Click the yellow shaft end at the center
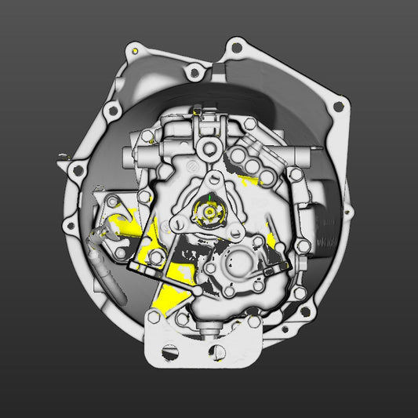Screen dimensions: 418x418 [x=209, y=210]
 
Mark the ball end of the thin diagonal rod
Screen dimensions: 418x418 [x=195, y=291]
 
